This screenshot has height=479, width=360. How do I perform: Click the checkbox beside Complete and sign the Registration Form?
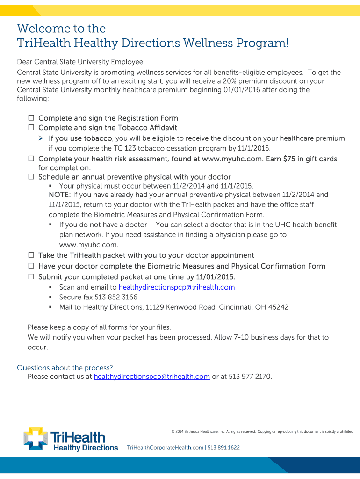[31, 118]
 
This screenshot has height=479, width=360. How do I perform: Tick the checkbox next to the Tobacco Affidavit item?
[31, 128]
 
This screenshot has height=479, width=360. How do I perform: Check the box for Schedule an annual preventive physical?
[31, 177]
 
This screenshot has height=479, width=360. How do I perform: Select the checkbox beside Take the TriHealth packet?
[31, 255]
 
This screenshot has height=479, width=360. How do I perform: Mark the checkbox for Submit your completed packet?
[31, 276]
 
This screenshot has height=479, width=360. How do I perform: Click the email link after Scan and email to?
[177, 287]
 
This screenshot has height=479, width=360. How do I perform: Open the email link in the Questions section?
[151, 377]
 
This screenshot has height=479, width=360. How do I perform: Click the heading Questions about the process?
[65, 368]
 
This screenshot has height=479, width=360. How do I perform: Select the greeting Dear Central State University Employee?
[81, 62]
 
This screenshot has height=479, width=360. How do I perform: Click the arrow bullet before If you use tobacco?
[41, 138]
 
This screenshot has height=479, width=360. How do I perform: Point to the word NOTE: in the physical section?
[60, 195]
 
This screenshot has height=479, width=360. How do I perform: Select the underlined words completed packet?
[112, 277]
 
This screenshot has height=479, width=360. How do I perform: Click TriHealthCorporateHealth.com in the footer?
[165, 448]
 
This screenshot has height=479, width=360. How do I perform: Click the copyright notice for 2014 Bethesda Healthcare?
[262, 431]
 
